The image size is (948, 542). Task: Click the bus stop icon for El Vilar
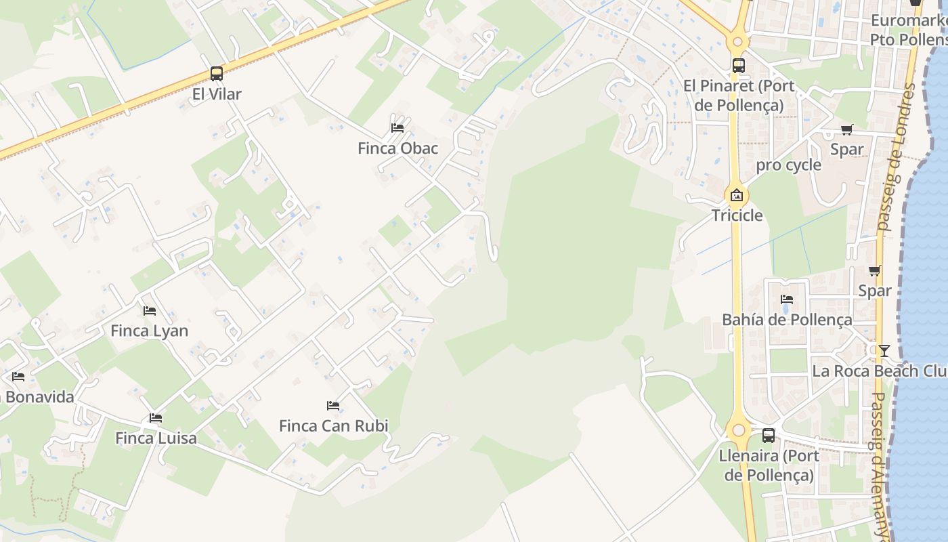coord(217,73)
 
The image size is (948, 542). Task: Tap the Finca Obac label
coord(398,148)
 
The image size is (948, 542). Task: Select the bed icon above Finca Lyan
coord(150,310)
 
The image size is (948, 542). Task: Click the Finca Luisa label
coord(156,438)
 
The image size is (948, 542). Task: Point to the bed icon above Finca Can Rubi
coord(333,405)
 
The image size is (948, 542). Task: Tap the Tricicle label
coord(737,215)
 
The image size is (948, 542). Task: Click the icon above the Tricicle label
coord(737,196)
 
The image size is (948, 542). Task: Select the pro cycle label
coord(788,165)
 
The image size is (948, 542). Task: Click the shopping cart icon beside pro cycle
coord(846,129)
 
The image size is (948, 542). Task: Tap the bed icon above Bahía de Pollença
coord(786,299)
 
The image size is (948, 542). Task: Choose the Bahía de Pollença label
coord(787,319)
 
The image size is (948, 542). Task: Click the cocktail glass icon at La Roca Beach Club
coord(884,350)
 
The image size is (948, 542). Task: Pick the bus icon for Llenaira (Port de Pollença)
coord(768,435)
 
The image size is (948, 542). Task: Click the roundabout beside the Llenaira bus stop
coord(738,430)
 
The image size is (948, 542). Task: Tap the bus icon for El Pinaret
coord(738,66)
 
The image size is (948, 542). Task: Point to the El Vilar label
coord(217,94)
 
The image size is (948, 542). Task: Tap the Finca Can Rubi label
coord(334,425)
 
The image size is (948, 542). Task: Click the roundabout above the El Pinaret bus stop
coord(737,41)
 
